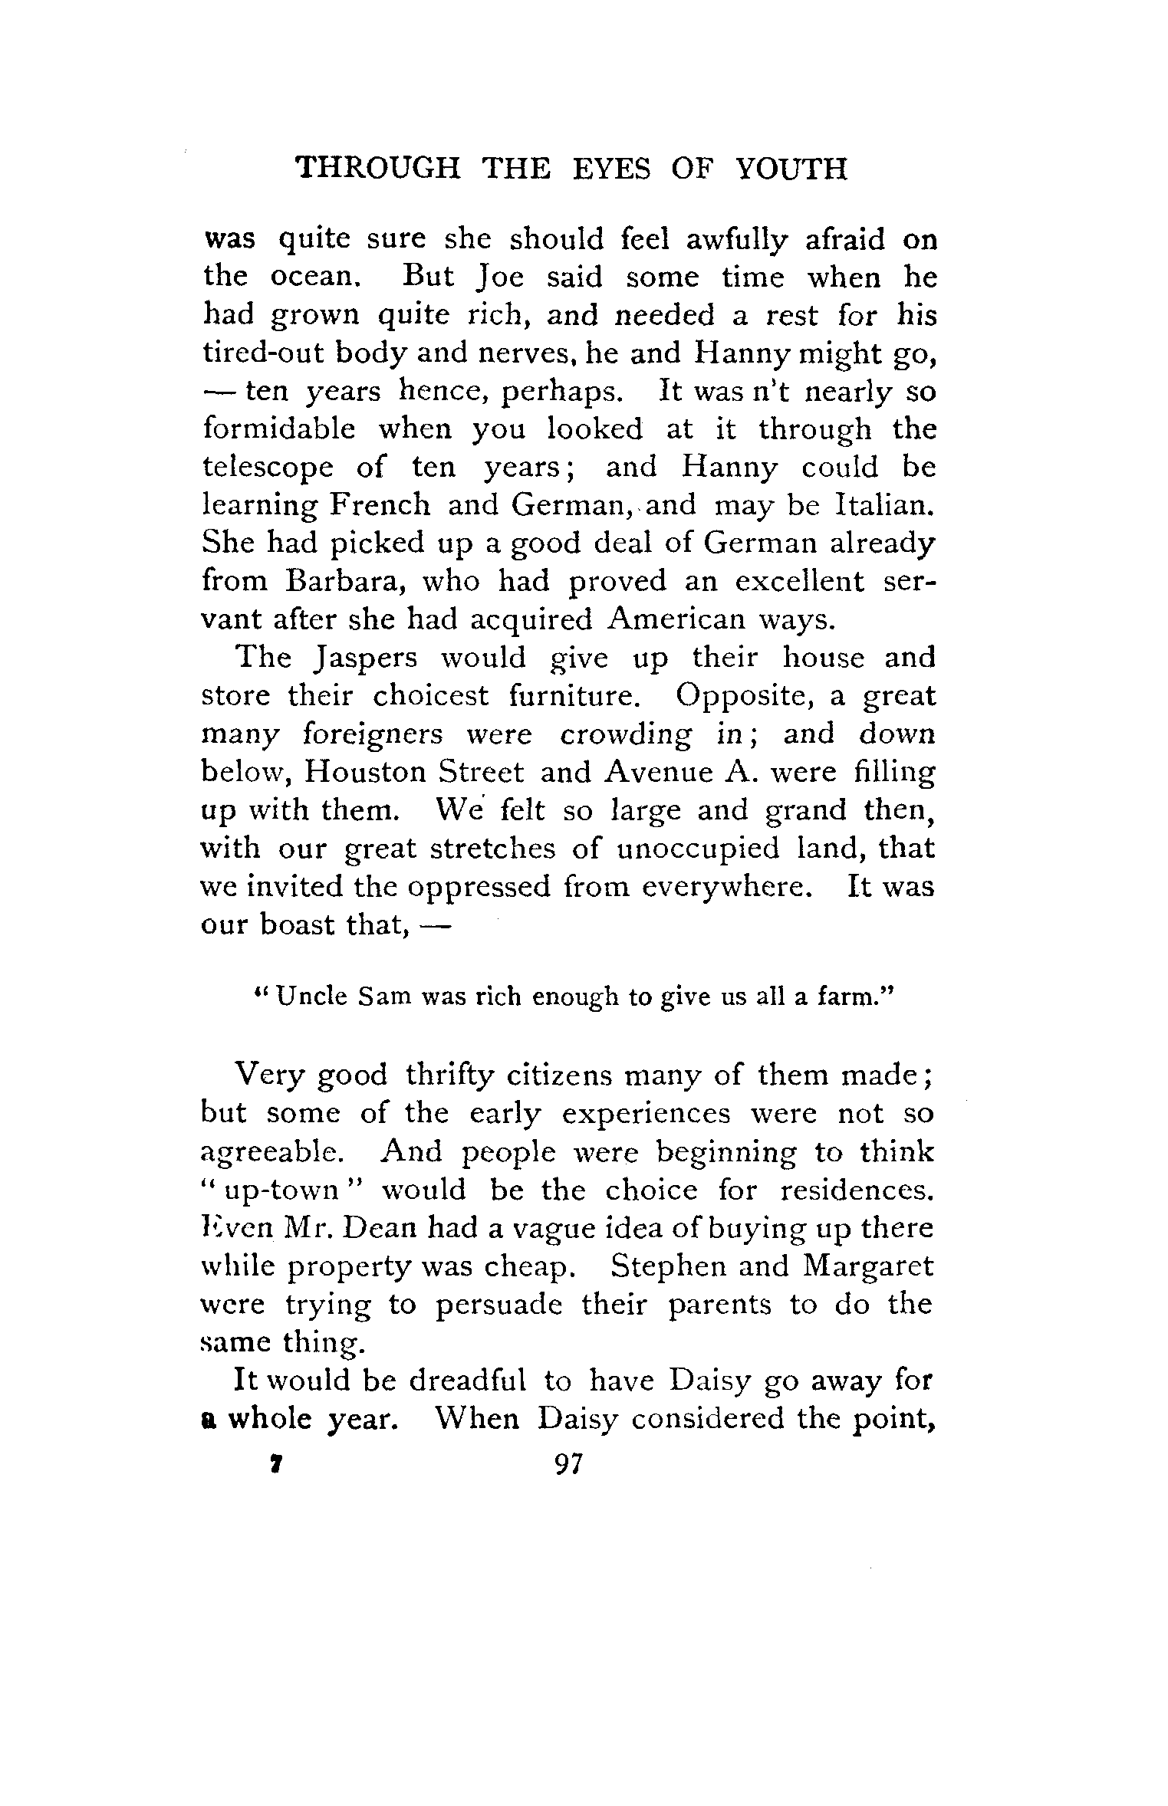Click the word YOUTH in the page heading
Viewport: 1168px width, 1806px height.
tap(791, 168)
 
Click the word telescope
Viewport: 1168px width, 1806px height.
tap(267, 468)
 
